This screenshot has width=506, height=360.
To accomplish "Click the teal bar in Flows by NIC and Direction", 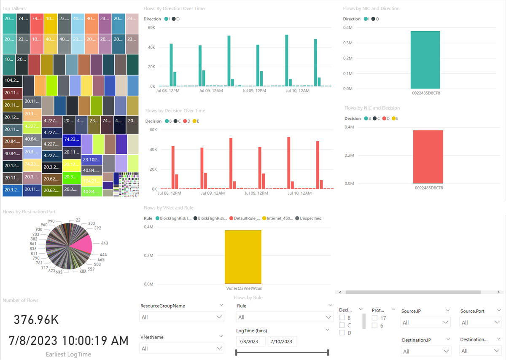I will tap(425, 59).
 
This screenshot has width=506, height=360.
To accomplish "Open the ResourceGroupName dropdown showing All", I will tap(181, 317).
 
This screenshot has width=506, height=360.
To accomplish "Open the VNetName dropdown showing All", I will tap(181, 348).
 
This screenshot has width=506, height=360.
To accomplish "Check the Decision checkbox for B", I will tap(342, 317).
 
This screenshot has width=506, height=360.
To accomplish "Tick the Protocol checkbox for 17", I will tap(374, 318).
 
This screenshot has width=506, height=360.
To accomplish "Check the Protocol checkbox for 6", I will tap(374, 325).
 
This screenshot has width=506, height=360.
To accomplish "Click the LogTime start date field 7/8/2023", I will tap(250, 341).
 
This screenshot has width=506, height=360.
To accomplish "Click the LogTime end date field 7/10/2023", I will tap(283, 341).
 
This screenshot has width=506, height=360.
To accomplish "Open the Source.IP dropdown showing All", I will tap(425, 322).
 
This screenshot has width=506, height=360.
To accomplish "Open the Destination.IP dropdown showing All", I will tap(425, 351).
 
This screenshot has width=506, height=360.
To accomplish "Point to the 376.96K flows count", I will tap(36, 320).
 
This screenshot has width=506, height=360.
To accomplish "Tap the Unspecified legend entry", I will tap(310, 218).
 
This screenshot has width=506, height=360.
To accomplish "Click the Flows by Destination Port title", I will tap(29, 212).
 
